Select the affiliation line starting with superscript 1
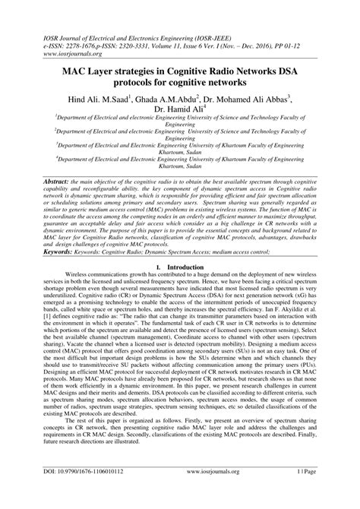pos(180,120)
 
